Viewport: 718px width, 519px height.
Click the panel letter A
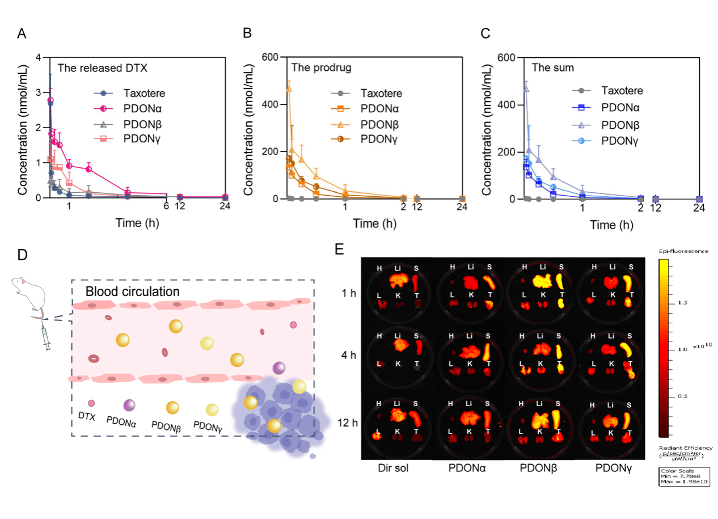pyautogui.click(x=22, y=33)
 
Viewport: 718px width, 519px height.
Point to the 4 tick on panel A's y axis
pyautogui.click(x=38, y=57)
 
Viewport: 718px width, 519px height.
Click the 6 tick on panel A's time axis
pyautogui.click(x=167, y=208)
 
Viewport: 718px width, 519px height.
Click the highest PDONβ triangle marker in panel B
pyautogui.click(x=289, y=88)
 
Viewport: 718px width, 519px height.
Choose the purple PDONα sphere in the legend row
pyautogui.click(x=129, y=404)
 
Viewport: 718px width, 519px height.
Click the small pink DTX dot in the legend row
pyautogui.click(x=91, y=403)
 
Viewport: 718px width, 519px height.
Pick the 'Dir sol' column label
pyautogui.click(x=394, y=470)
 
